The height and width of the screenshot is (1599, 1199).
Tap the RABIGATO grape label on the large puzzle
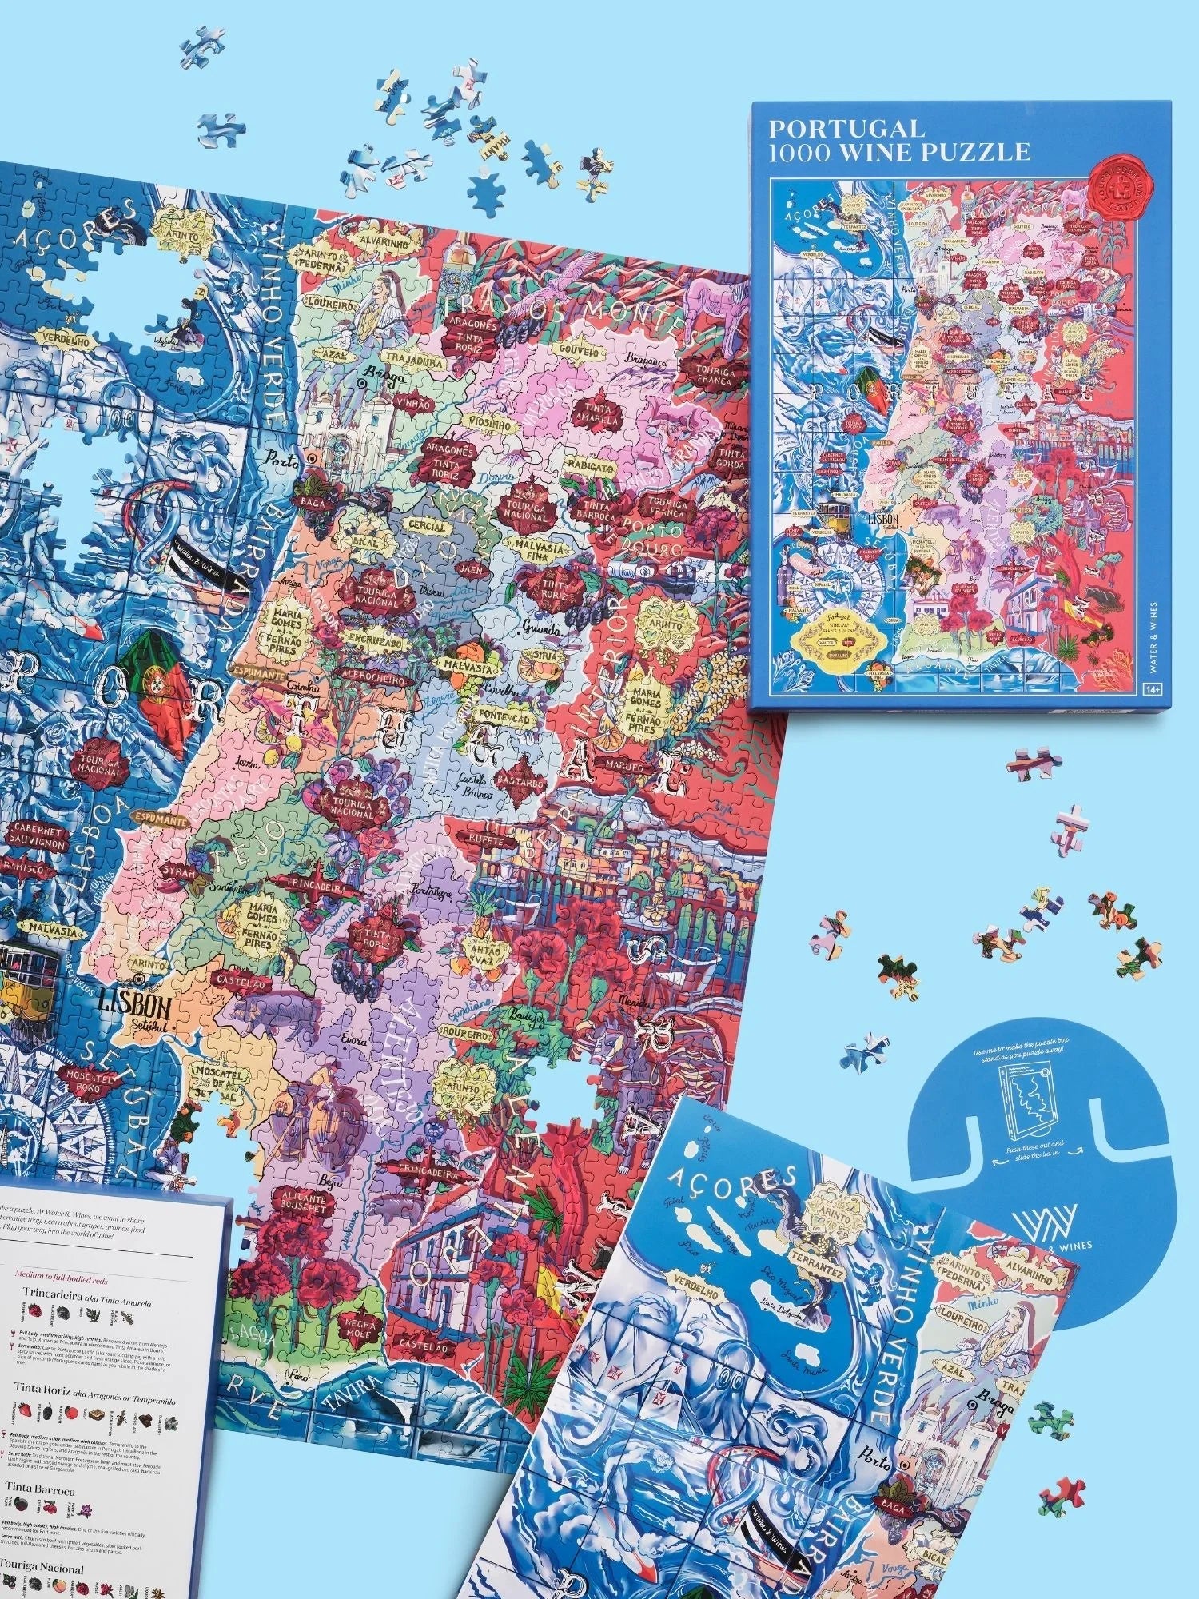click(x=596, y=465)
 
